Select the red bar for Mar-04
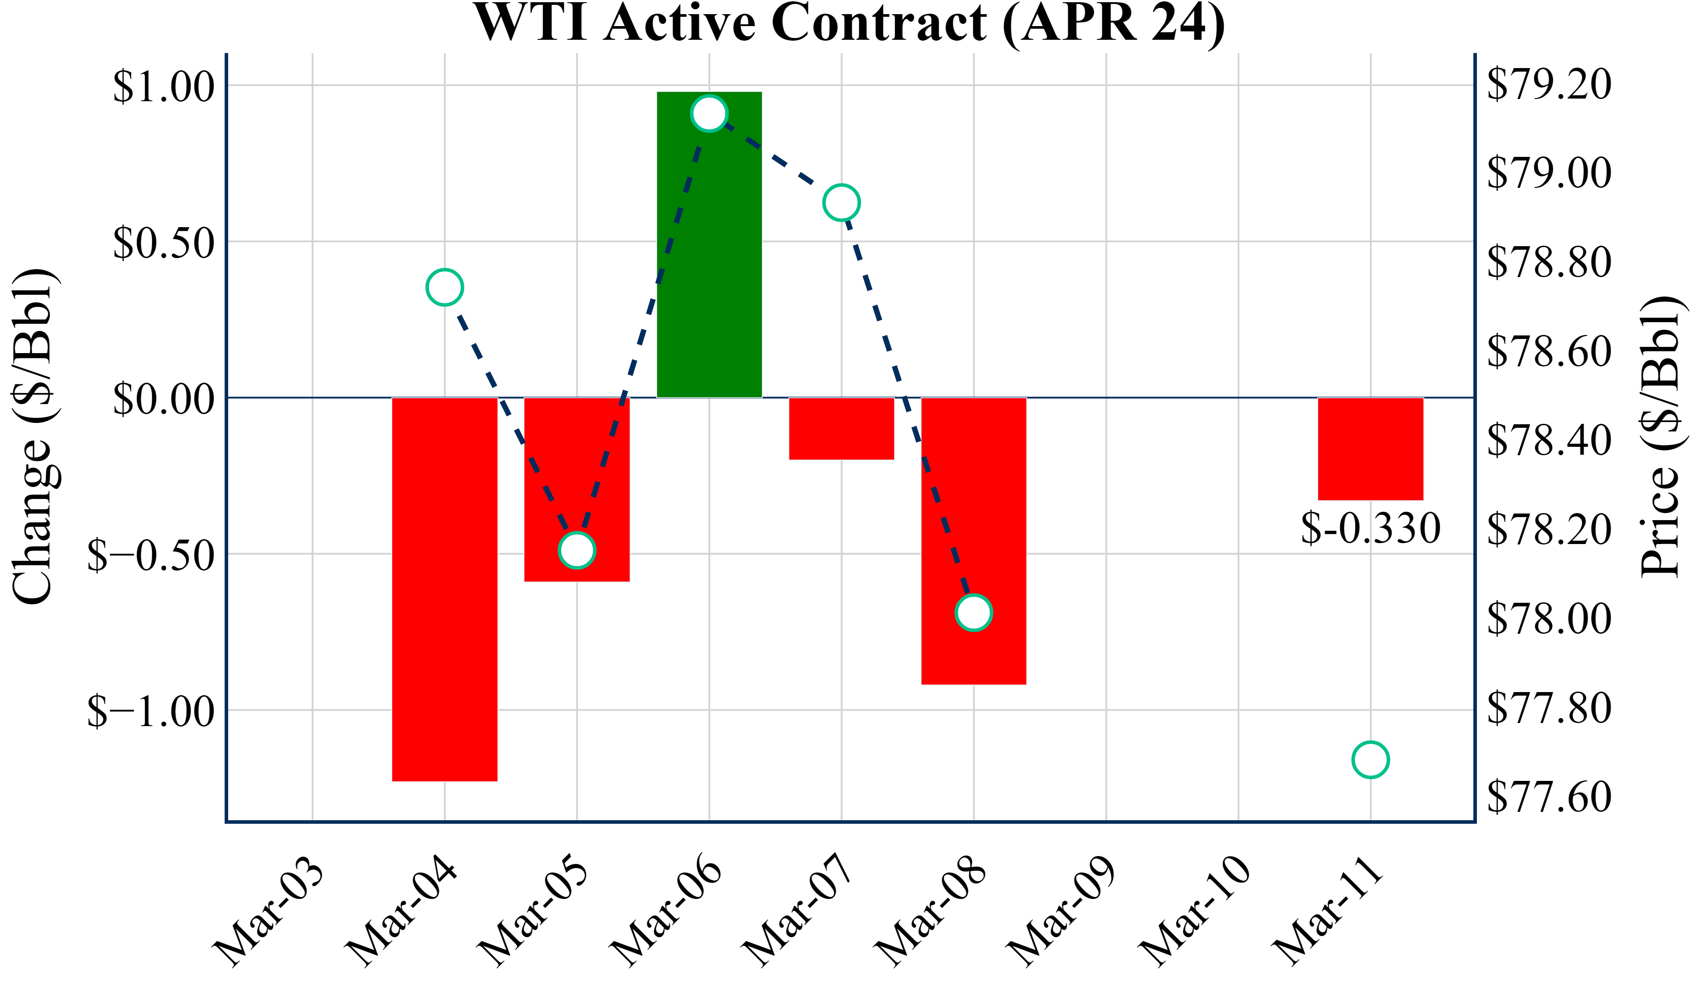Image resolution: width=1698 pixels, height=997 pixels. [445, 590]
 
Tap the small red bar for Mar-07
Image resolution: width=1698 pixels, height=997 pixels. [841, 428]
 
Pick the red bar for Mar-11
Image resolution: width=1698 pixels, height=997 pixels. [1370, 449]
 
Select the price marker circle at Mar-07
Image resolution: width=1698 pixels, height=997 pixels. [841, 202]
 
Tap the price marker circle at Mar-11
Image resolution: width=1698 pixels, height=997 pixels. [1370, 760]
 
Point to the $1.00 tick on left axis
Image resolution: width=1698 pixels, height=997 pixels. [163, 86]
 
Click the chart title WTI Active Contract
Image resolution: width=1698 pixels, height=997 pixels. [849, 23]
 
